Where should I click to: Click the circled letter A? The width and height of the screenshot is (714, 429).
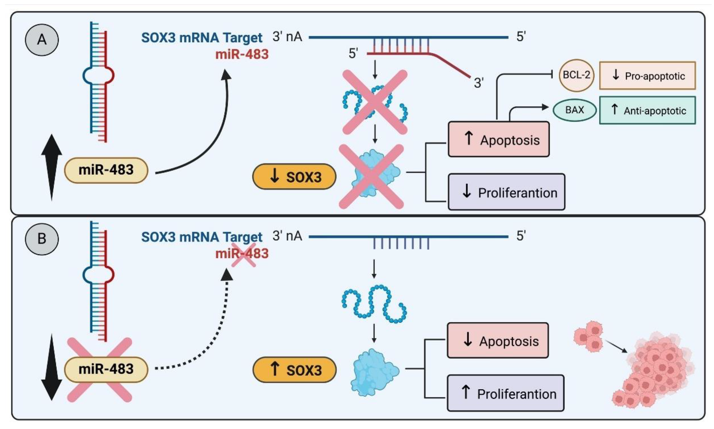pos(42,40)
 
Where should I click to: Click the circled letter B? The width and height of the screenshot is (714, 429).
pos(42,239)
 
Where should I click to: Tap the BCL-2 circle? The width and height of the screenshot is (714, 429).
pos(576,75)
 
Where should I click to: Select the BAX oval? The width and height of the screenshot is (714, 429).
pos(574,110)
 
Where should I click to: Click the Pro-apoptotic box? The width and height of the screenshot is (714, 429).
pos(647,76)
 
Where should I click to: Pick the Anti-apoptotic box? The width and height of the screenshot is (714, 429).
pos(647,110)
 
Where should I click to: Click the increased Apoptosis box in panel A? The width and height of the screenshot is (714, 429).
pos(499,139)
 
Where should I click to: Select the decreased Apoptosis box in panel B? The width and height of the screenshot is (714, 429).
pos(498,340)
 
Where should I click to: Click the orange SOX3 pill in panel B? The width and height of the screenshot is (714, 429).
pos(294,370)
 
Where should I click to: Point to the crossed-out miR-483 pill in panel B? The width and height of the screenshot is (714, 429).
pos(106,369)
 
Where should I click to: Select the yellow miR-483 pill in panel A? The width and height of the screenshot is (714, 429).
pos(106,170)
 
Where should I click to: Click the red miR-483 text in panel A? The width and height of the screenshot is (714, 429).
pos(242,54)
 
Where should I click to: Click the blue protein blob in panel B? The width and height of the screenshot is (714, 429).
pos(375,372)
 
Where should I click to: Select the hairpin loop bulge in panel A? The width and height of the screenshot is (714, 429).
pos(98,75)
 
